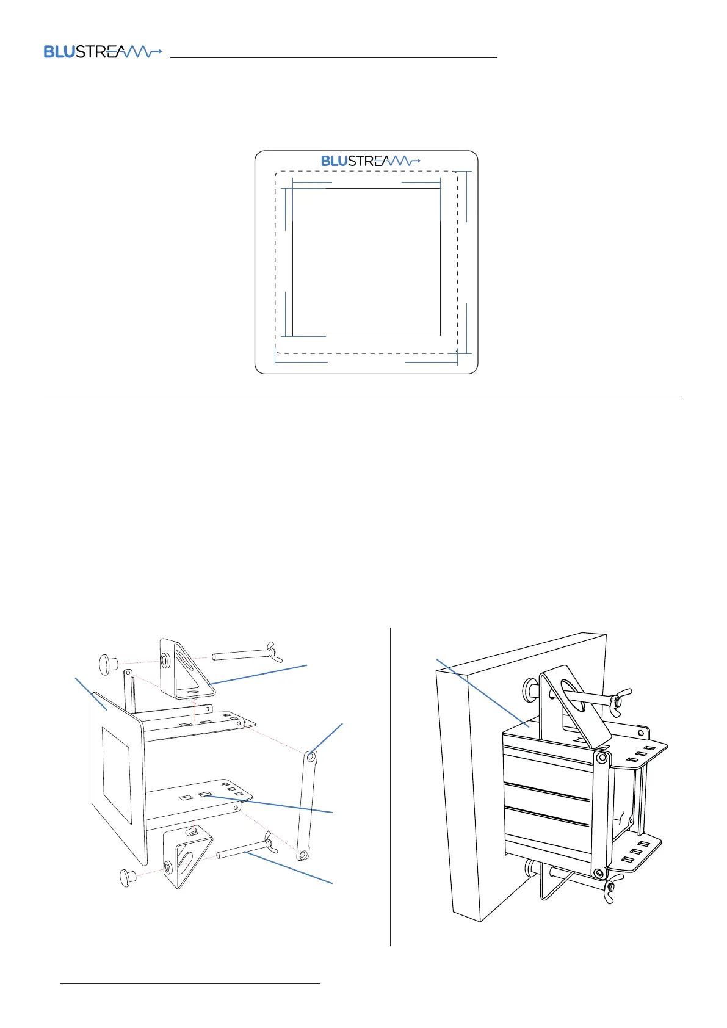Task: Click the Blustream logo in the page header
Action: (x=103, y=52)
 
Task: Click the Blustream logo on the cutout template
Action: (x=371, y=161)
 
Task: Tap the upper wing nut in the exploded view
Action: (x=270, y=652)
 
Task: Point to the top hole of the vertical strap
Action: (x=311, y=757)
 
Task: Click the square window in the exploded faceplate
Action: (x=117, y=773)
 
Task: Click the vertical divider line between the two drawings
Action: (x=390, y=787)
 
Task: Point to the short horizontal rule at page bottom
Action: (x=190, y=983)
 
